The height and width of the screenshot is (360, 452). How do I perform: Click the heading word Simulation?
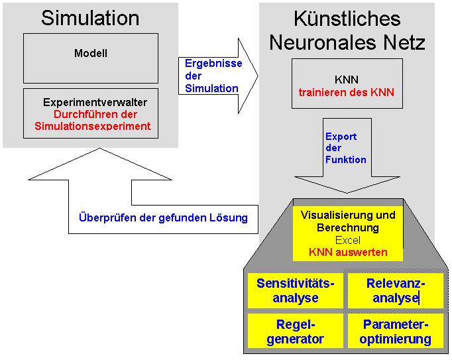tap(90, 18)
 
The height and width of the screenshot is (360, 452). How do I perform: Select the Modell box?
tap(90, 58)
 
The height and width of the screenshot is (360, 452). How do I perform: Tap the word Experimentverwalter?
tap(95, 103)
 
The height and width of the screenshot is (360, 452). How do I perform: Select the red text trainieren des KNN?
tap(347, 92)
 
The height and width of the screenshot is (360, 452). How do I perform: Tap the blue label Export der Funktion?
tap(345, 148)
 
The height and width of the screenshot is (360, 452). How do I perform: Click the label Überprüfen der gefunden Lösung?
tap(163, 217)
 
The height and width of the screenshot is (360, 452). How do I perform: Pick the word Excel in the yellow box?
tap(348, 240)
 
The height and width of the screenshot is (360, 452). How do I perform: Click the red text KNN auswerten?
tap(348, 252)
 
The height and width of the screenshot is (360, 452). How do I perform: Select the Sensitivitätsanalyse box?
tap(295, 290)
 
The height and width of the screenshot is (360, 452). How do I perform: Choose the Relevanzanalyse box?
tap(396, 290)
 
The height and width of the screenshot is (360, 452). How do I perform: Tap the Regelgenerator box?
tap(295, 331)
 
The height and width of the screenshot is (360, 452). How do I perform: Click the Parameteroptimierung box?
tap(396, 331)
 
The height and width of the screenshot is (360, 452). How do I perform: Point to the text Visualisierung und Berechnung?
tap(348, 221)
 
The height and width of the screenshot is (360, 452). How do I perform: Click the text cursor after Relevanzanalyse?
tap(419, 298)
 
